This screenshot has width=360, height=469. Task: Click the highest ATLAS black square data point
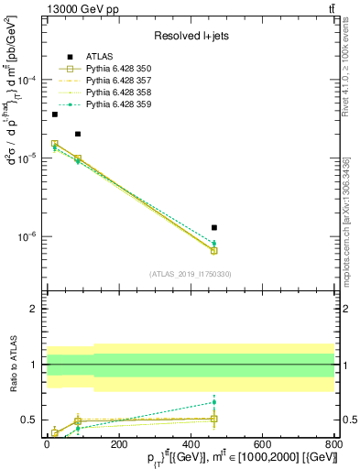click(55, 115)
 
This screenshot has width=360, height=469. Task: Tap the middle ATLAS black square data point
click(78, 134)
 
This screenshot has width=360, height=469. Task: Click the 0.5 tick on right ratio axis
click(345, 420)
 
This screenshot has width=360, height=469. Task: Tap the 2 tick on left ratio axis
click(33, 310)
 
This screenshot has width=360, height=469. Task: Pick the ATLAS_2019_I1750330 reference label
click(191, 273)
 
